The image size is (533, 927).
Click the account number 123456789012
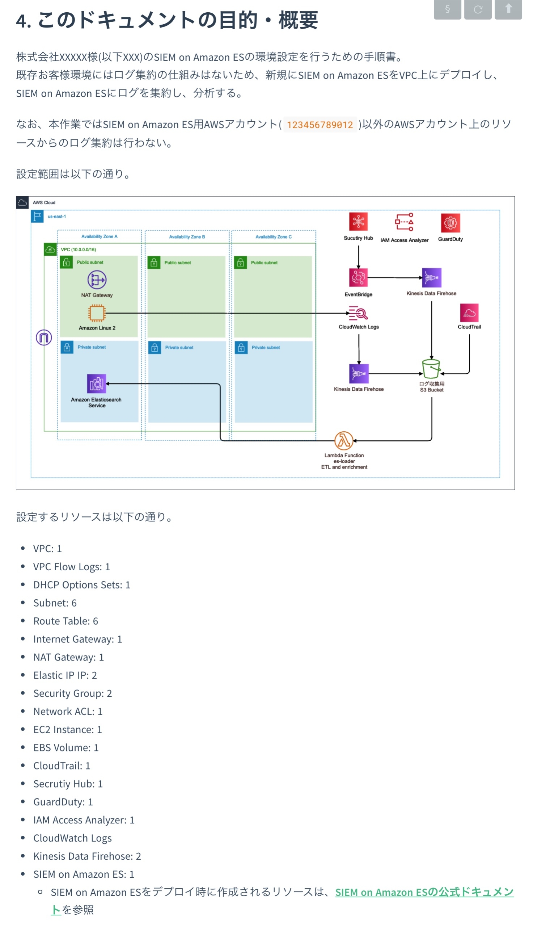point(320,125)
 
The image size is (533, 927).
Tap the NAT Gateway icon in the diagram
point(97,280)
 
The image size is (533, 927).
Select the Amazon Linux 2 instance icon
point(97,313)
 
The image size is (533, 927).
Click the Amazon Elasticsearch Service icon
point(97,383)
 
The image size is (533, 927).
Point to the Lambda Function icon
point(344,441)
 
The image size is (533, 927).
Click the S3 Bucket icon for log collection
point(431,369)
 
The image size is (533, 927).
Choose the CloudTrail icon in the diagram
point(469,313)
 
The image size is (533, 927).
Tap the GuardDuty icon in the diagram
point(450,223)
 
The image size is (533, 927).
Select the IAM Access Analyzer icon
point(404,222)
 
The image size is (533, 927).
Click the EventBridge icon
point(358,277)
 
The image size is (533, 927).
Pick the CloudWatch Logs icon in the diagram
point(358,313)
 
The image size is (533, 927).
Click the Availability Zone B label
point(187,237)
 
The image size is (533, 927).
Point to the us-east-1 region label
point(57,217)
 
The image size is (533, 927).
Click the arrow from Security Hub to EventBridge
point(358,256)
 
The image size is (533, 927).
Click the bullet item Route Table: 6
point(65,621)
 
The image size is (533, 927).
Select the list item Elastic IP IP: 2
point(65,675)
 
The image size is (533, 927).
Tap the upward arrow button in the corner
point(508,9)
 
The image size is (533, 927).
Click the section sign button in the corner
point(447,9)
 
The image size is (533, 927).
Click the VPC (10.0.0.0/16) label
point(78,249)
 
